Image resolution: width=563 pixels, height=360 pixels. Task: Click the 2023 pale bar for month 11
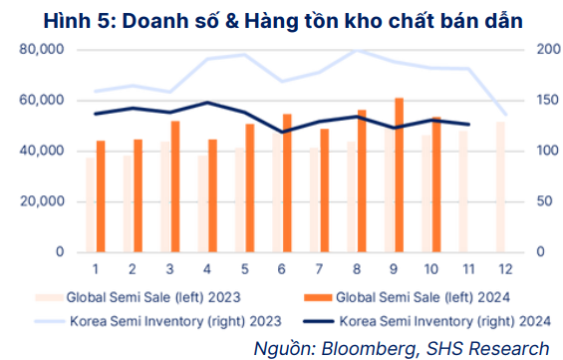point(462,190)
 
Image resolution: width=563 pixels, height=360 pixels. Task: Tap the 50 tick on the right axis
point(542,201)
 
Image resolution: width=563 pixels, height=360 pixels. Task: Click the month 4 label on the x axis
point(206,269)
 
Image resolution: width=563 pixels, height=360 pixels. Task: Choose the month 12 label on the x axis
point(505,269)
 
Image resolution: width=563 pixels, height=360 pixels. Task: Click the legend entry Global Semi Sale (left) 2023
point(149,296)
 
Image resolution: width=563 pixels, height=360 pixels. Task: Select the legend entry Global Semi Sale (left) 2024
point(419,296)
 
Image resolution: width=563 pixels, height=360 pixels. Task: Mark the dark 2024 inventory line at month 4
point(206,102)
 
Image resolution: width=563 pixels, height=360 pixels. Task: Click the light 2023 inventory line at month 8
point(357,50)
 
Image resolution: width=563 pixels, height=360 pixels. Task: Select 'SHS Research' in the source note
point(491,347)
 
